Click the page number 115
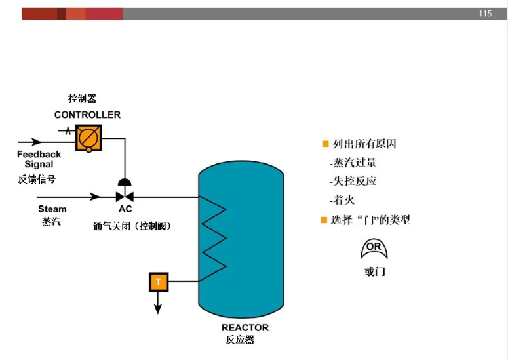(485, 14)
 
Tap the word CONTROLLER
(87, 115)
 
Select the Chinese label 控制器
(83, 99)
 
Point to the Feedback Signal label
(39, 159)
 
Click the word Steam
(52, 209)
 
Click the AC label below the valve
(125, 210)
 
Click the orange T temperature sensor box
(158, 283)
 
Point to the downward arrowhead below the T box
(158, 310)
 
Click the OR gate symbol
(374, 249)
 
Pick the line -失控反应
(353, 181)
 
